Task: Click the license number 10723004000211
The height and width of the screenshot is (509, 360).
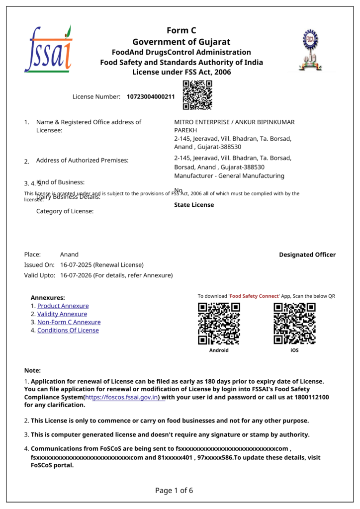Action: (151, 96)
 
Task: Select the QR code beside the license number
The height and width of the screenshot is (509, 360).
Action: (197, 95)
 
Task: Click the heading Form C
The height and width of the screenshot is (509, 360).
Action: (181, 31)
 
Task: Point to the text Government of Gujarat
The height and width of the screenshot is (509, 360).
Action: (181, 42)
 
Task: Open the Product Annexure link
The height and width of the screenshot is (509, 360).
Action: (63, 306)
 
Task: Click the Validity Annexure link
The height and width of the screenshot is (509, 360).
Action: (62, 314)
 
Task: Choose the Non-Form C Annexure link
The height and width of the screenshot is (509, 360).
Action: (69, 322)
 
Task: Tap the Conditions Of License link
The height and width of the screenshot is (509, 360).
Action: (68, 330)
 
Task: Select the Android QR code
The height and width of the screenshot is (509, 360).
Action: (219, 324)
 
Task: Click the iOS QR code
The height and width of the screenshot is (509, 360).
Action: (294, 324)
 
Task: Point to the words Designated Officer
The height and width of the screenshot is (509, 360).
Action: (307, 255)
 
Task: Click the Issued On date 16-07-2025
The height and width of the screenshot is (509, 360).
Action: (76, 265)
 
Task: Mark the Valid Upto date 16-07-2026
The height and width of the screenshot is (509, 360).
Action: (76, 275)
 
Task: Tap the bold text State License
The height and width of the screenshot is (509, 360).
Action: (194, 205)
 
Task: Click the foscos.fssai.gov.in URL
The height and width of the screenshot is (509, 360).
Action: (122, 398)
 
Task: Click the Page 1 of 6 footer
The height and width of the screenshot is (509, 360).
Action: (174, 491)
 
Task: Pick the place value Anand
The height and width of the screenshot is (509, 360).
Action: (69, 254)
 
